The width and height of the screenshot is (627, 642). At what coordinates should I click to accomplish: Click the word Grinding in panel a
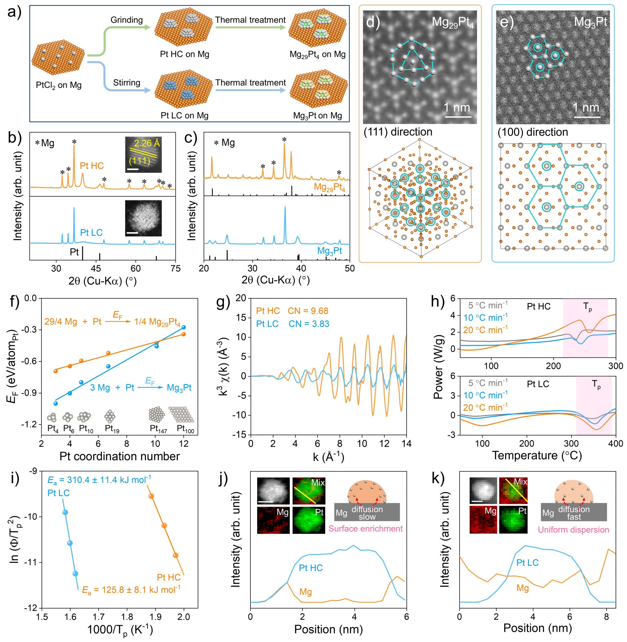pyautogui.click(x=126, y=20)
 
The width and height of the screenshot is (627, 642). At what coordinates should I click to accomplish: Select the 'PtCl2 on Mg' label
pyautogui.click(x=58, y=86)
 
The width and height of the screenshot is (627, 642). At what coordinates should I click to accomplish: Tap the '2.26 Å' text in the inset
pyautogui.click(x=147, y=143)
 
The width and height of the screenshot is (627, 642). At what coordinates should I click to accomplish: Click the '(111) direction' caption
pyautogui.click(x=398, y=132)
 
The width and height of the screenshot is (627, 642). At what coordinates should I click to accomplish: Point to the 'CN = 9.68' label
pyautogui.click(x=308, y=311)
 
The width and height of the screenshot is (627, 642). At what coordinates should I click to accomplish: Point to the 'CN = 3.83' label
pyautogui.click(x=309, y=324)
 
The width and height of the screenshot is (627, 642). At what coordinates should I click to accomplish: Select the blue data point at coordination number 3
pyautogui.click(x=56, y=403)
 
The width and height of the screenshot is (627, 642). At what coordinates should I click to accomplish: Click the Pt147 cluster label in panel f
pyautogui.click(x=158, y=429)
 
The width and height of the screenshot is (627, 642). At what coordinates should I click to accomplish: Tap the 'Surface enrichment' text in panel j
pyautogui.click(x=366, y=529)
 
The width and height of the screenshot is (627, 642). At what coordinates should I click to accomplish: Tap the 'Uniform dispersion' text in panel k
pyautogui.click(x=573, y=530)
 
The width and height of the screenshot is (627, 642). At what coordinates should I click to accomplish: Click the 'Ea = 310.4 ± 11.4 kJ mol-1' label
pyautogui.click(x=99, y=480)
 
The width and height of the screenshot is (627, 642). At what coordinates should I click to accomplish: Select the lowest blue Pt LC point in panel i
pyautogui.click(x=75, y=573)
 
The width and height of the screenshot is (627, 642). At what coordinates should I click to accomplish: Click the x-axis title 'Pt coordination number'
pyautogui.click(x=119, y=456)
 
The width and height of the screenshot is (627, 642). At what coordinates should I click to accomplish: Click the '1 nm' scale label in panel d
pyautogui.click(x=457, y=108)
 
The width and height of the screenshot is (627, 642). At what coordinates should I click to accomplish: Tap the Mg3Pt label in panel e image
pyautogui.click(x=590, y=22)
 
